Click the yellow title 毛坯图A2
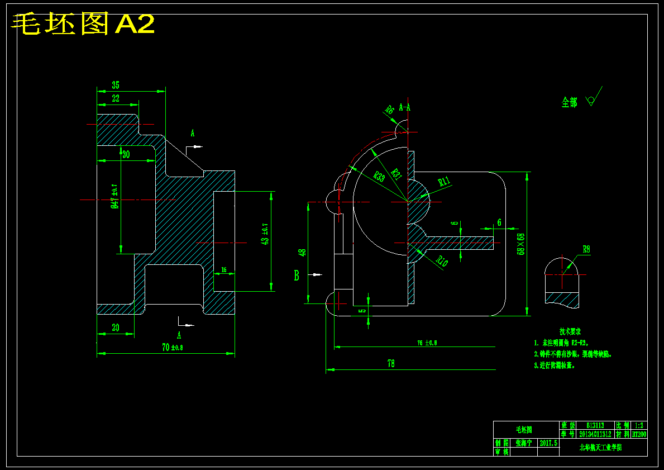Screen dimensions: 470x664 (83, 25)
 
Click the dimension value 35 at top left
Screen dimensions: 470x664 (116, 85)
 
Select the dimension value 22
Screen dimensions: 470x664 (116, 98)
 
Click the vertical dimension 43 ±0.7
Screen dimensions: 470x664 (265, 234)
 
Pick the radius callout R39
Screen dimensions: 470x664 (379, 177)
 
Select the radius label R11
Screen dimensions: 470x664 (445, 181)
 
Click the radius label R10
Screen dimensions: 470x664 (442, 260)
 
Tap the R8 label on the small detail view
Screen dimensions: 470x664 (586, 250)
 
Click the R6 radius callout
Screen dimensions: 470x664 (390, 110)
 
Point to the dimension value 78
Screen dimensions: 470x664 (391, 364)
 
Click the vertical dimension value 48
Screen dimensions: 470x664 (303, 252)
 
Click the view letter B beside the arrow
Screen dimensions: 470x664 (297, 275)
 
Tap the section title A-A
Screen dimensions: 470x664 (405, 107)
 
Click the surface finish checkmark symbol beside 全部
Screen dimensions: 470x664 (593, 99)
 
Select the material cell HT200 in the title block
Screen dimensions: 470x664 (639, 434)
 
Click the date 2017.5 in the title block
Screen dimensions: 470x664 (548, 443)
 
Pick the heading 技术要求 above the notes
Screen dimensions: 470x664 (570, 332)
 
